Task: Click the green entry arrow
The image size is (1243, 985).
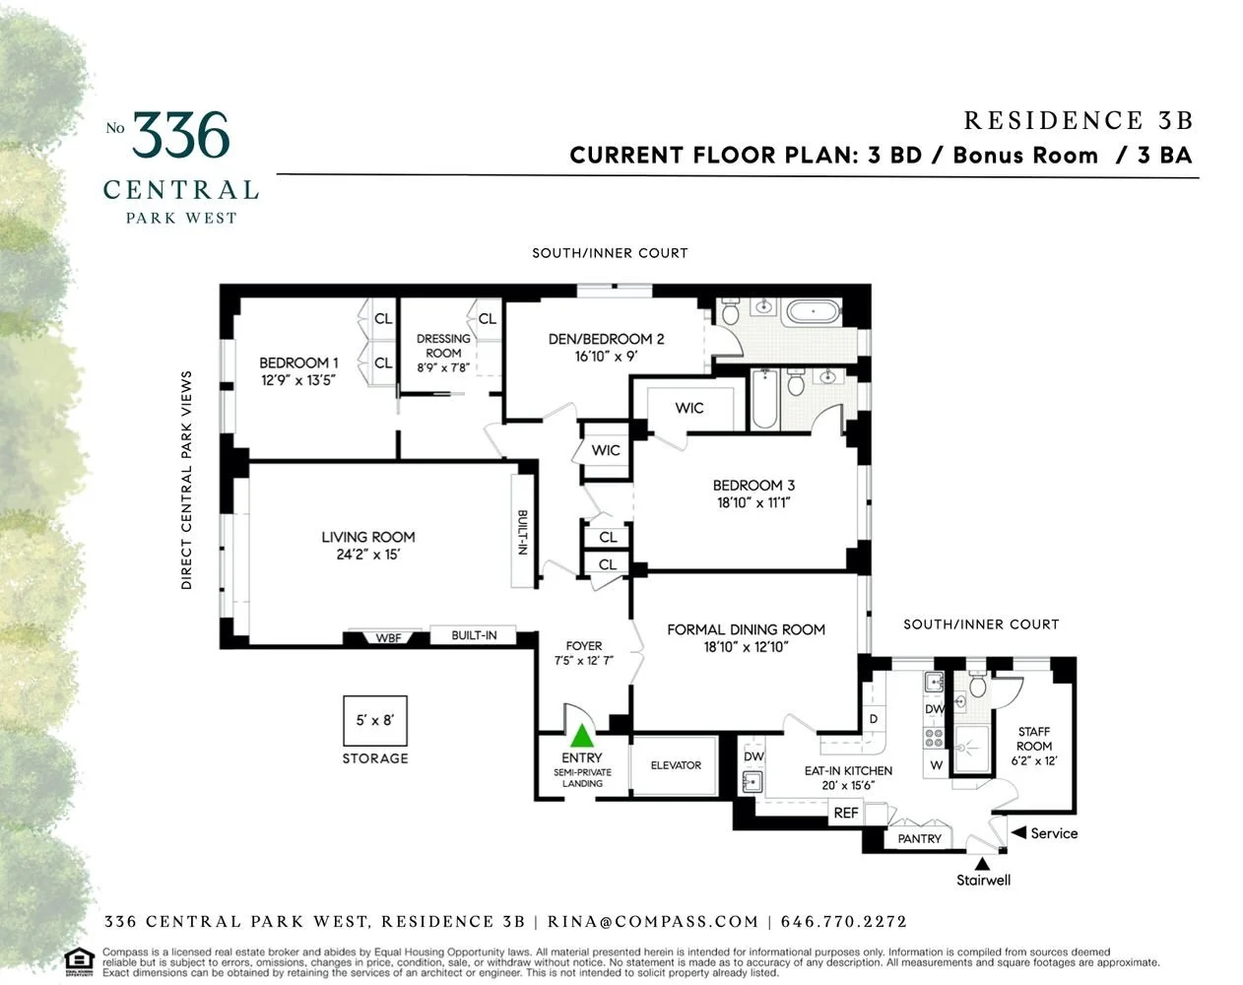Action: pos(582,735)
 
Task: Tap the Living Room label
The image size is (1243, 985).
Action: pos(368,537)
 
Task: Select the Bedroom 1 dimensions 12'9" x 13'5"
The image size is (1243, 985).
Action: pos(298,380)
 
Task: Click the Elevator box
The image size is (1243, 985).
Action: pos(676,765)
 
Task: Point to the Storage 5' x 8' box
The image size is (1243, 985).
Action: pos(374,720)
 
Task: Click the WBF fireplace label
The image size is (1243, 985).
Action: pos(388,637)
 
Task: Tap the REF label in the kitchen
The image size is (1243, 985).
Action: pos(845,813)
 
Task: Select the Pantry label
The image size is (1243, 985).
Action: pos(920,838)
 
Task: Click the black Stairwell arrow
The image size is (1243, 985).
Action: pos(982,863)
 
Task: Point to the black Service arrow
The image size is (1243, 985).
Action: pos(1017,833)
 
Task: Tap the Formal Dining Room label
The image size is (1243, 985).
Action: pos(746,629)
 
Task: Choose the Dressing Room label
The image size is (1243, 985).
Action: pos(443,346)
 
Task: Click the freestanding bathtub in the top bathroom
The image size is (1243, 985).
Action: pos(813,313)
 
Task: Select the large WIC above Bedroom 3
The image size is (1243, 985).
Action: pos(689,408)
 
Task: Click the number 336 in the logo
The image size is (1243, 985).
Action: pos(181,136)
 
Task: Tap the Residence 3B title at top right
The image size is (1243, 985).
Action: pos(1078,120)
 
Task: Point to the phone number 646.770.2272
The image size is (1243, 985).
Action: pos(843,922)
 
